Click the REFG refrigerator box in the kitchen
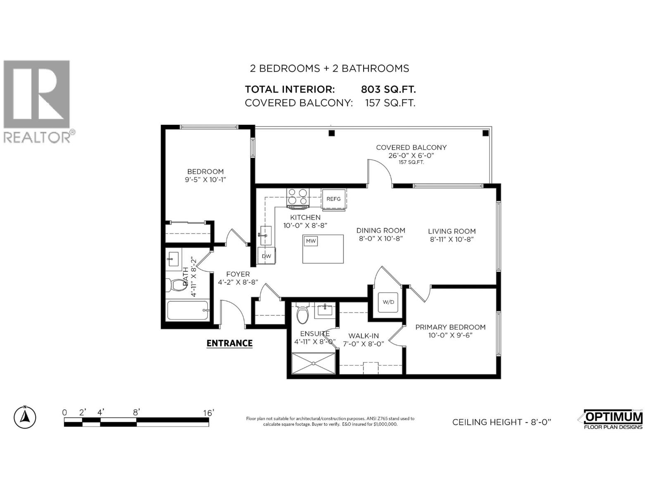tap(334, 199)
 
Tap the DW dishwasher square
tap(266, 256)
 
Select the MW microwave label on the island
tap(311, 241)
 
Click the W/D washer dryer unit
tap(388, 302)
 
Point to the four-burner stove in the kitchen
tap(298, 198)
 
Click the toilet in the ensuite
tap(302, 313)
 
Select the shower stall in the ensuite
tap(314, 363)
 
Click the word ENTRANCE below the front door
tap(229, 343)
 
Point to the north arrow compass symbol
tap(25, 417)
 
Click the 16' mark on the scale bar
tap(208, 413)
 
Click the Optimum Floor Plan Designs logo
tap(613, 419)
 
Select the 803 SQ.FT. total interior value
tap(388, 89)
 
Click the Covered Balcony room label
tap(411, 148)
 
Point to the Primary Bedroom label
tap(450, 327)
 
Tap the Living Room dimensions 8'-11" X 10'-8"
tap(452, 239)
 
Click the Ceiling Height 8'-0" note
tap(502, 422)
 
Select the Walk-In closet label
tap(364, 336)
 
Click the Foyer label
tap(238, 274)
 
